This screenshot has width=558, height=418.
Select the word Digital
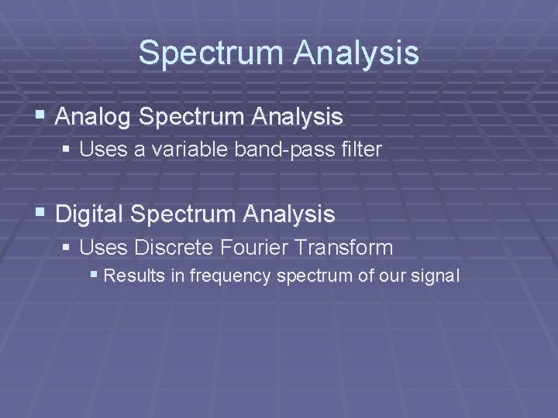[90, 213]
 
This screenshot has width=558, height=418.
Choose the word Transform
[350, 248]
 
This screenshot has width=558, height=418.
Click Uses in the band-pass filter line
[98, 149]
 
